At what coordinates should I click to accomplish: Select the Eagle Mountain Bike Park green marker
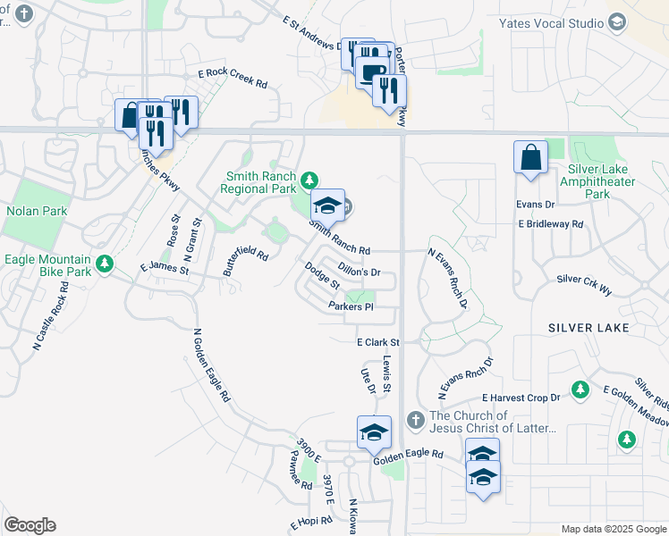point(106,264)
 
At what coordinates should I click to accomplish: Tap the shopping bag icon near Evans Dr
point(530,157)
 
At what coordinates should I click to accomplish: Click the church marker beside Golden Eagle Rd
point(414,420)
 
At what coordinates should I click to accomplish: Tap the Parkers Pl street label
point(350,306)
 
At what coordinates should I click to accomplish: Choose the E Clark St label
point(377,342)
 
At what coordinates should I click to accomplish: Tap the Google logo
point(30,524)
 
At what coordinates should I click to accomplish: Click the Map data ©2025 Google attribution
point(614,529)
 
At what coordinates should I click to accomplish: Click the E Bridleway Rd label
point(550,224)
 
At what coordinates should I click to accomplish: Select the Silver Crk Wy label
point(584,279)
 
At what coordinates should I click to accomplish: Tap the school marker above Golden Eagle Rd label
point(374,432)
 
